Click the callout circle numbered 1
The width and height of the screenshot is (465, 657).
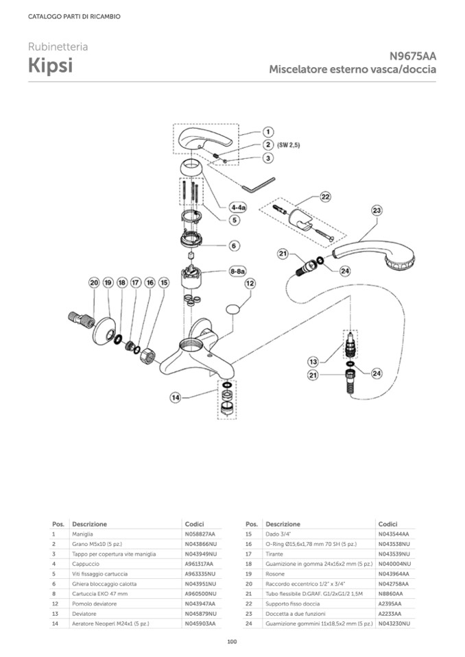coord(267,132)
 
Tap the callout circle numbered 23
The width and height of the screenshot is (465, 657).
coord(377,211)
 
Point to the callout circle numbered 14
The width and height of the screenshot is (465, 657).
coord(176,397)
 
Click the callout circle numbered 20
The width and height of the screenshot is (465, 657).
coord(94,282)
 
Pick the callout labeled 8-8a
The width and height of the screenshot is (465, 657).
coord(237,271)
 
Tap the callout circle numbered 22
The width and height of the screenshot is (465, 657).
coord(325,197)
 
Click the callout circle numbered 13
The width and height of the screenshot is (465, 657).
coord(313,361)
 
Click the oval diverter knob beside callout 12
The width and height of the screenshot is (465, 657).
coord(234,309)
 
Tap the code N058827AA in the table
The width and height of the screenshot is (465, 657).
coord(200,533)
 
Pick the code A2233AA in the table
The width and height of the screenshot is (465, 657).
coord(390,614)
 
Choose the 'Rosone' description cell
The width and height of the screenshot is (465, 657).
coord(274,573)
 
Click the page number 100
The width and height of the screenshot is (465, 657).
coord(232,641)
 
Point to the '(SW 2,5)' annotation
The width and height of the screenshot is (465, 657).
coord(289,145)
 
